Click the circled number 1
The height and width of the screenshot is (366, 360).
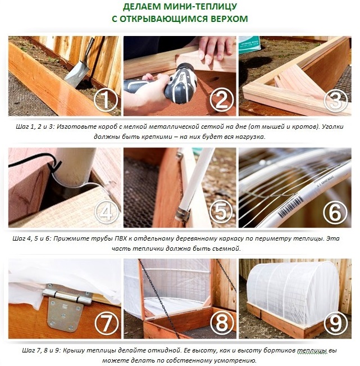click(x=106, y=100)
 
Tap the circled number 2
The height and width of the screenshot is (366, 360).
click(x=221, y=100)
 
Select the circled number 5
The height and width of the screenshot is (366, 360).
click(x=221, y=211)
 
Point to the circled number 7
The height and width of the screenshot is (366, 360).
click(x=107, y=323)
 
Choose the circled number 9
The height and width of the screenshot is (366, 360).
click(x=336, y=323)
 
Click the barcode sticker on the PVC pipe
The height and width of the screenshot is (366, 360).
click(x=290, y=206)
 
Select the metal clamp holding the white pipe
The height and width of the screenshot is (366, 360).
click(x=183, y=214)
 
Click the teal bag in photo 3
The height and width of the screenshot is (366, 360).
click(x=249, y=45)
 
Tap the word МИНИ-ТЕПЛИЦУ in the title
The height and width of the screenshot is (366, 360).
click(x=200, y=7)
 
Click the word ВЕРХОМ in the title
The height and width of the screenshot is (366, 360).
click(x=229, y=19)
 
